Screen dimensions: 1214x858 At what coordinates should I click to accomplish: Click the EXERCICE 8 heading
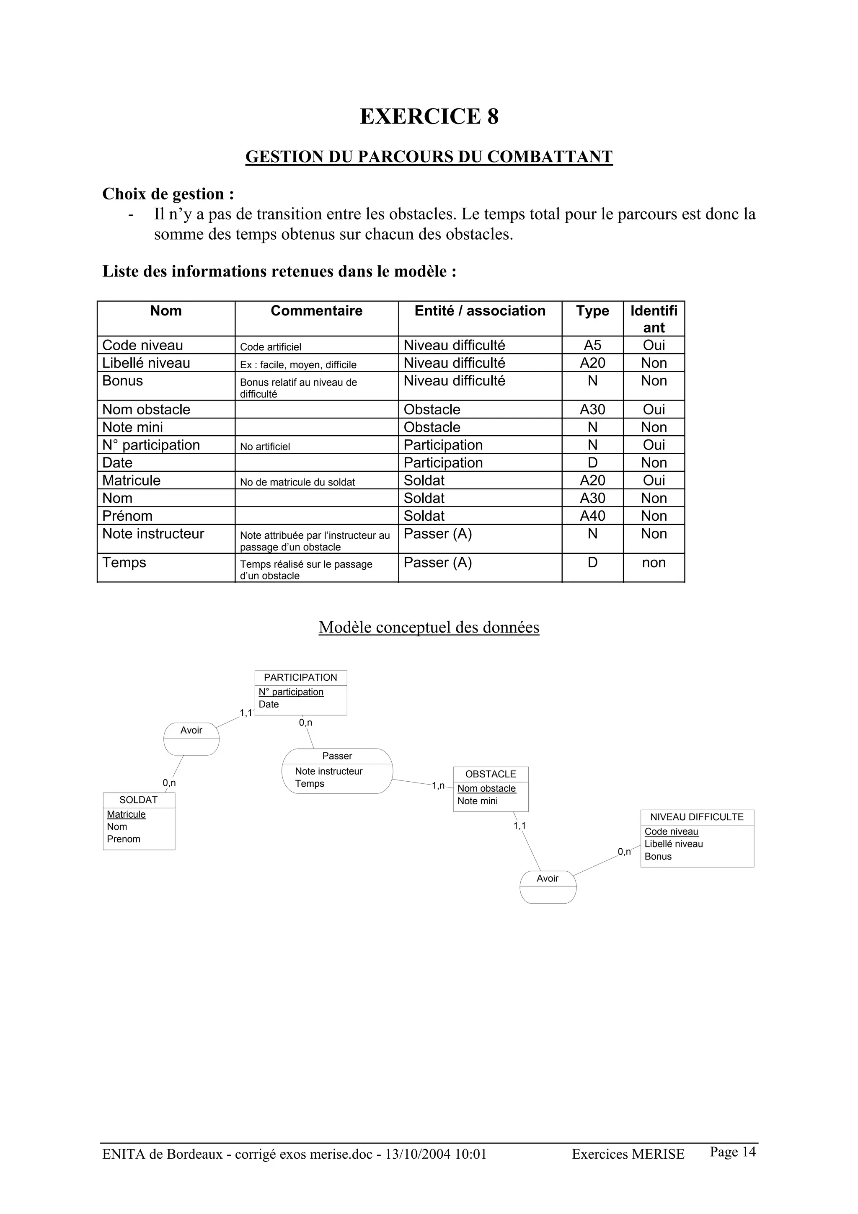[x=429, y=116]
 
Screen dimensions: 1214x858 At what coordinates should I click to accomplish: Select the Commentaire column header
[x=316, y=311]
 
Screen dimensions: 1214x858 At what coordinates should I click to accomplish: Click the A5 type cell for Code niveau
[x=592, y=345]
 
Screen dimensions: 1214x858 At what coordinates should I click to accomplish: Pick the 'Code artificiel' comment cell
[x=271, y=347]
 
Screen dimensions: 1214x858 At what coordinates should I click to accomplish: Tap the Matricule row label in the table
[x=131, y=480]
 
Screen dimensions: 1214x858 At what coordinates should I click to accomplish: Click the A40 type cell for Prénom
[x=592, y=516]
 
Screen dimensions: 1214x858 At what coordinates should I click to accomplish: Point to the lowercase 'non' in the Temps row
[x=654, y=563]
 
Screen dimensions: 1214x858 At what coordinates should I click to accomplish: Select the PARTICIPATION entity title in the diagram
[x=300, y=677]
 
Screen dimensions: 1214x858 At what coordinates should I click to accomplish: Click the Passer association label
[x=337, y=756]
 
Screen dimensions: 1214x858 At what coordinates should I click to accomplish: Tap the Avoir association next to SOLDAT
[x=191, y=730]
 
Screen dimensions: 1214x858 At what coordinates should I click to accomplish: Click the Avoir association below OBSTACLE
[x=547, y=878]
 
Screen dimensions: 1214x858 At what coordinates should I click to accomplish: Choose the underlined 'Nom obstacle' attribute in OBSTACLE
[x=486, y=788]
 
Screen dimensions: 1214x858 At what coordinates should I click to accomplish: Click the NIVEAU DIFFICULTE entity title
[x=697, y=817]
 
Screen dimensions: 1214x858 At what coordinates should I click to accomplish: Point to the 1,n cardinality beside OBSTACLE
[x=438, y=786]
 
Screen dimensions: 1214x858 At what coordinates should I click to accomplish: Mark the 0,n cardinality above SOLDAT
[x=169, y=783]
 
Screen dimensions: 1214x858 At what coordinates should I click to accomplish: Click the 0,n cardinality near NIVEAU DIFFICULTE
[x=624, y=852]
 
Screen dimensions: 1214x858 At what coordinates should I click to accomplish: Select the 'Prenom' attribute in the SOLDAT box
[x=124, y=839]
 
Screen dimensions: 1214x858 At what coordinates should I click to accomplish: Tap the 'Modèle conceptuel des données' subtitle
[x=429, y=627]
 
